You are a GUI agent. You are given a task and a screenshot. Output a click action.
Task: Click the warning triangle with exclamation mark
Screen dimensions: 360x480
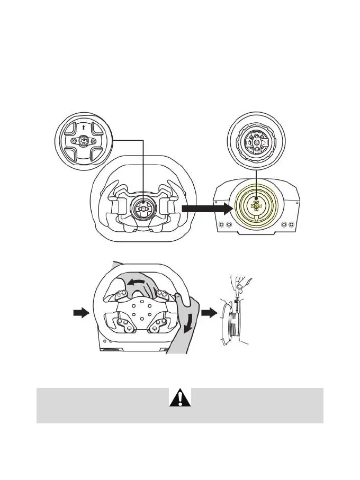coord(180,397)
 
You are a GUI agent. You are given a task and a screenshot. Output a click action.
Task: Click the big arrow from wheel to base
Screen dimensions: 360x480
coord(206,210)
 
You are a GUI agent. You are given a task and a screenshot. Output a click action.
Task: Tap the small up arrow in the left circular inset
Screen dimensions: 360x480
coord(84,127)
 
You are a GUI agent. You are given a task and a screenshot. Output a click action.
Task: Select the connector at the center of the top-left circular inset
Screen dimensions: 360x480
coord(84,142)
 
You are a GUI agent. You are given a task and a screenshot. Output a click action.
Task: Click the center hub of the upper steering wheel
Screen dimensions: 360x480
coord(143,208)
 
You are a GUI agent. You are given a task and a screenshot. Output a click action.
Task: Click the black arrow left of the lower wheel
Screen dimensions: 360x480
coord(80,313)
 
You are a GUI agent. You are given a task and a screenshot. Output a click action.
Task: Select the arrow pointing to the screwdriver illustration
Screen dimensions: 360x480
coord(210,313)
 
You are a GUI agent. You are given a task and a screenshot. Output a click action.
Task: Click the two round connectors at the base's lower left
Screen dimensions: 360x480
coord(224,224)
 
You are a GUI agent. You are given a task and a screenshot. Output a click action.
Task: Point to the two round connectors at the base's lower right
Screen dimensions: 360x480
coord(289,224)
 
